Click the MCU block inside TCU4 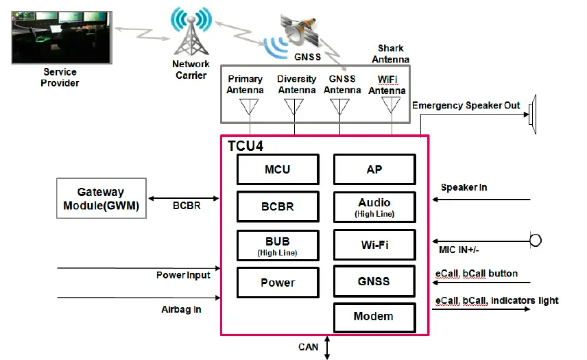click(x=278, y=169)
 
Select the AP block click(x=374, y=169)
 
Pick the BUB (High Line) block click(x=278, y=245)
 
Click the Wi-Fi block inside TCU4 click(x=374, y=245)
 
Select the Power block click(x=278, y=283)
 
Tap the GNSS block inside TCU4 click(x=374, y=281)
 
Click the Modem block click(x=374, y=317)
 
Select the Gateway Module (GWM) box click(x=101, y=199)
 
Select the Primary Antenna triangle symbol click(x=249, y=107)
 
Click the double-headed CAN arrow click(x=328, y=347)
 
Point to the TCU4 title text click(x=245, y=146)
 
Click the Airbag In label click(x=181, y=309)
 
